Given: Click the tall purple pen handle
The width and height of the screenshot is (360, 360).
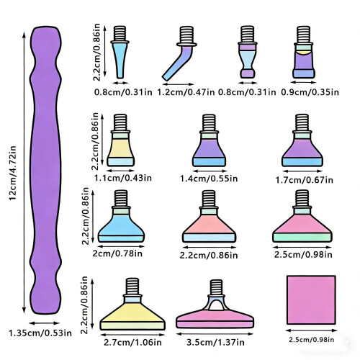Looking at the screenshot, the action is [45, 170].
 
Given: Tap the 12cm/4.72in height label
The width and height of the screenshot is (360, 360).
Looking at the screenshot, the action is [12, 173].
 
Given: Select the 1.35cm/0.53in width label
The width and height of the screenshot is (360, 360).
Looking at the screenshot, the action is [40, 333].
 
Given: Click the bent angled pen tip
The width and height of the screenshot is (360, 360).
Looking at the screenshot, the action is [179, 54].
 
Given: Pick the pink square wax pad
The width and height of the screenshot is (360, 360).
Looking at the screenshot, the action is [311, 300].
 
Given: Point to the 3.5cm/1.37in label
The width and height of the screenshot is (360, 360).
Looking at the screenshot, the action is [215, 342].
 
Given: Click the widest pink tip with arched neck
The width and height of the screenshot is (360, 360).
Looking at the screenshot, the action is [215, 304].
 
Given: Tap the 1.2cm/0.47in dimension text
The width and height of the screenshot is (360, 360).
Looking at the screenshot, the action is [186, 92].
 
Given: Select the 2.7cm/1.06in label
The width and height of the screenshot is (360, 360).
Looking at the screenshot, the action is [132, 342].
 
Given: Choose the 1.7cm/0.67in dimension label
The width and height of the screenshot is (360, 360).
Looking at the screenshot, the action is [304, 180].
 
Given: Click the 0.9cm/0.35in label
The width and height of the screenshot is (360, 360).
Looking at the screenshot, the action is [310, 92].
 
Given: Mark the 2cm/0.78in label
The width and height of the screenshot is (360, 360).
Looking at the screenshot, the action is [117, 253].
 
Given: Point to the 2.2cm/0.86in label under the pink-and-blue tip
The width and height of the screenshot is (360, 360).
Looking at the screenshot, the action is [209, 256].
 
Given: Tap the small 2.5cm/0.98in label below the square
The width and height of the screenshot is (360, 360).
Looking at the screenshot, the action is [311, 340].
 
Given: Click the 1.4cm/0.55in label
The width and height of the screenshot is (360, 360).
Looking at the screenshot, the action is [209, 179].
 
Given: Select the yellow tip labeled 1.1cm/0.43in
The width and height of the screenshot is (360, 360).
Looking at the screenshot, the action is [120, 140].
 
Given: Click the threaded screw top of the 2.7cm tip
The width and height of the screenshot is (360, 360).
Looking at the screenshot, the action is [132, 287].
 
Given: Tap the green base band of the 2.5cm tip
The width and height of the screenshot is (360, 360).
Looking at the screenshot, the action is [302, 238].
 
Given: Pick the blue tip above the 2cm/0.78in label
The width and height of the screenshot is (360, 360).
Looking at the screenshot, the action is [121, 216].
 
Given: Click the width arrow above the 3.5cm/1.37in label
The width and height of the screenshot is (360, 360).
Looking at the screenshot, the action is [215, 334].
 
